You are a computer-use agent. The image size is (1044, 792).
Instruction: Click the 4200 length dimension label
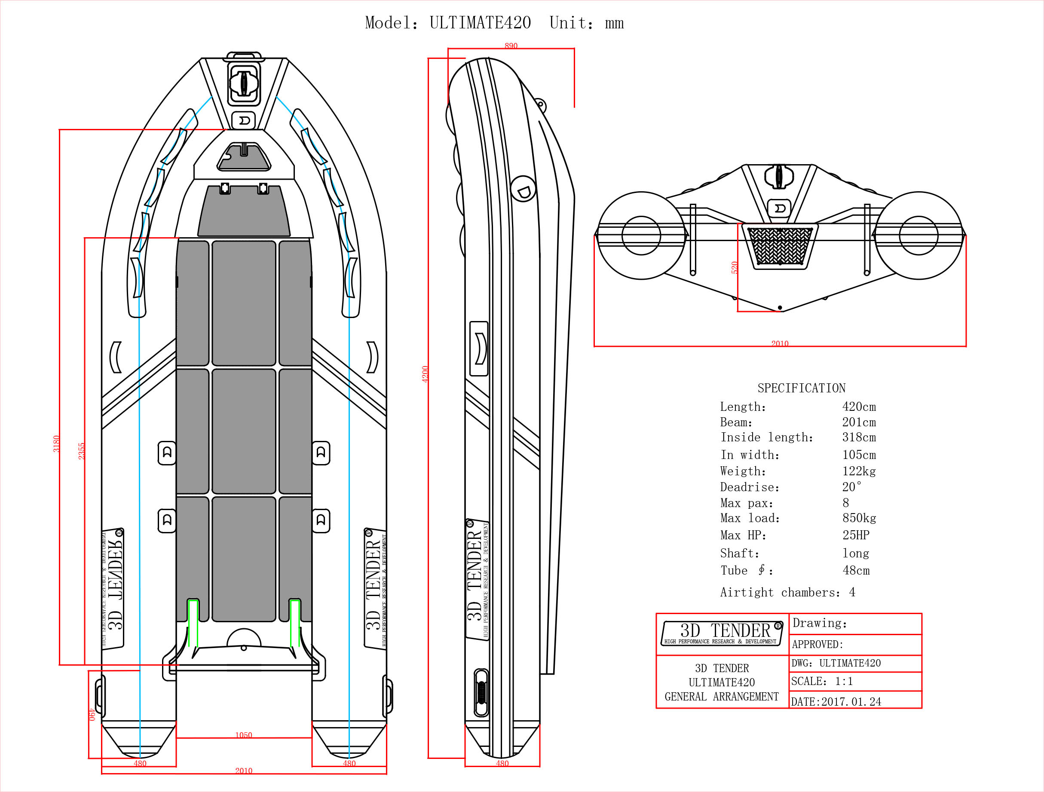(425, 374)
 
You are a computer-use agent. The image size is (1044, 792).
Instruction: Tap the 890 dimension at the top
(511, 46)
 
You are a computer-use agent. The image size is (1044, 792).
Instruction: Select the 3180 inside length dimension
(56, 443)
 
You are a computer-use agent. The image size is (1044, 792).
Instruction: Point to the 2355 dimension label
(81, 451)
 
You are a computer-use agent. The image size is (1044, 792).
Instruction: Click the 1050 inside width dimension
(244, 735)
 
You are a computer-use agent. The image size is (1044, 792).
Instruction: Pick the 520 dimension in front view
(735, 267)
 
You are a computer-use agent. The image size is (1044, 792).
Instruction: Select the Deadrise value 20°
(851, 487)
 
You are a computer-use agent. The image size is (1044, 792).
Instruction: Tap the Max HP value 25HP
(855, 535)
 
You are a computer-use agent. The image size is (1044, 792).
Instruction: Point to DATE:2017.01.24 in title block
(836, 702)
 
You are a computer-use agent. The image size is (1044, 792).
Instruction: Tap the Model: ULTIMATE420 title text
(448, 23)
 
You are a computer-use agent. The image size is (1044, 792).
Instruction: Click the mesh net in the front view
(780, 246)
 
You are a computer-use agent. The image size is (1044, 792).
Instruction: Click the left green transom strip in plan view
(193, 623)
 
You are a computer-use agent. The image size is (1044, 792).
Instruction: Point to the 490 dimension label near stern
(92, 714)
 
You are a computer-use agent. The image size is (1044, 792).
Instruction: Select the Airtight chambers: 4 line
(787, 592)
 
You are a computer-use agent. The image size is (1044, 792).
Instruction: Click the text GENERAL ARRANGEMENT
(721, 697)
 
